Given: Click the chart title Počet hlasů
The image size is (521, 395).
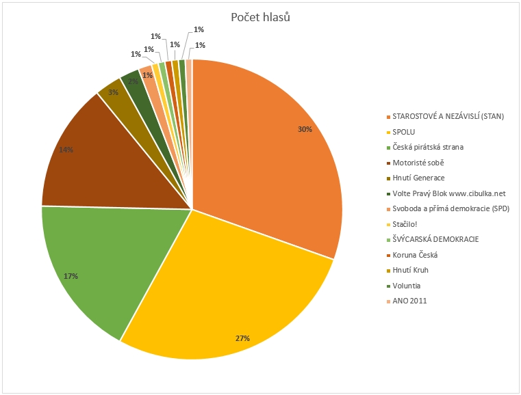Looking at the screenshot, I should [260, 17].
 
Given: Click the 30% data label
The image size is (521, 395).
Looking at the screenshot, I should [305, 128].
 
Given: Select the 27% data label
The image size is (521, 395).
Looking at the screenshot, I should [242, 338].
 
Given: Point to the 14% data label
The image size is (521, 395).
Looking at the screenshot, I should [66, 150].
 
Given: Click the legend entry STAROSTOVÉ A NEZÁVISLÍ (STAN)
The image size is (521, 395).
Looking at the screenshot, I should [448, 116].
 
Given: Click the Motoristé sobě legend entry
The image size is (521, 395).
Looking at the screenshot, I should [418, 163].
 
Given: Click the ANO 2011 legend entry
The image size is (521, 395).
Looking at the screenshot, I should [409, 301].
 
